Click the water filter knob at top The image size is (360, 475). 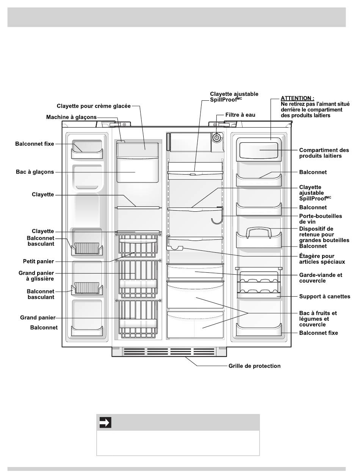[216, 138]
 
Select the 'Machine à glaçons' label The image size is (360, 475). [71, 117]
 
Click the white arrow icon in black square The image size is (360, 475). [105, 423]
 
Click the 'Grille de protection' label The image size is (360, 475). [255, 366]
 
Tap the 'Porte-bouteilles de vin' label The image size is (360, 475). [321, 219]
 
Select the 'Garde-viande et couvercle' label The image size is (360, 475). [321, 278]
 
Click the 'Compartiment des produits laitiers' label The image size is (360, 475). [324, 153]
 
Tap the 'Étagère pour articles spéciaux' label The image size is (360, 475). [322, 259]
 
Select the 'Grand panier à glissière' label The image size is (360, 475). [36, 275]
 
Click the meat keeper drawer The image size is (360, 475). [195, 272]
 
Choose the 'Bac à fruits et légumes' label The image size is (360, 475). [318, 319]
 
